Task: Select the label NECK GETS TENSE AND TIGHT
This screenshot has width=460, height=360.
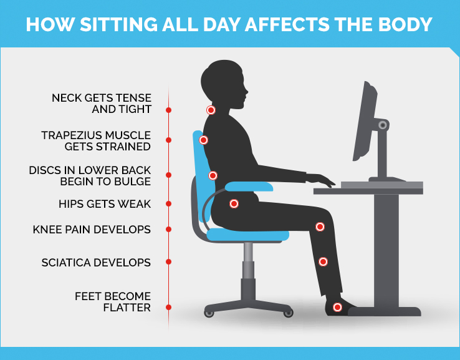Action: [102, 104]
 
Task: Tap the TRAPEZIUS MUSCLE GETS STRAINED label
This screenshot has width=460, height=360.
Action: [97, 140]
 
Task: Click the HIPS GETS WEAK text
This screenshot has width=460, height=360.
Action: [105, 203]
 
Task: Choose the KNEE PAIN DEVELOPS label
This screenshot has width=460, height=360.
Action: [92, 230]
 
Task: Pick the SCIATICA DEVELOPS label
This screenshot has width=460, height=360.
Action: [96, 262]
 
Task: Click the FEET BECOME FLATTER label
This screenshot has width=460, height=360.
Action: [113, 301]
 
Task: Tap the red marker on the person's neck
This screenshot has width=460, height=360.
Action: [211, 110]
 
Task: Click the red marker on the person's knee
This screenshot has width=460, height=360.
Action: [320, 226]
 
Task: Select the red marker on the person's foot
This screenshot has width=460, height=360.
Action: [337, 307]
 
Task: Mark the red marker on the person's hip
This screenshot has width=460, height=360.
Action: [234, 203]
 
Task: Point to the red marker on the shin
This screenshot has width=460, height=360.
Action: [323, 261]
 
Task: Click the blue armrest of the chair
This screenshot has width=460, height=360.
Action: [249, 186]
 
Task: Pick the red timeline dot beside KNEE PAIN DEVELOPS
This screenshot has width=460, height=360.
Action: [169, 230]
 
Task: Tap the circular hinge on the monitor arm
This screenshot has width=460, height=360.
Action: [381, 125]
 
